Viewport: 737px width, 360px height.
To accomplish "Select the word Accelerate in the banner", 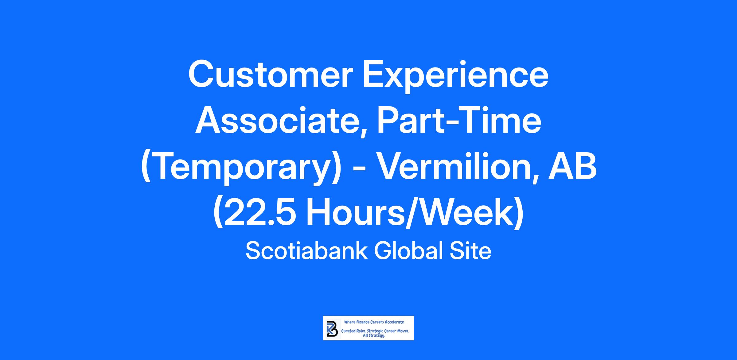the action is (395, 322).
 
